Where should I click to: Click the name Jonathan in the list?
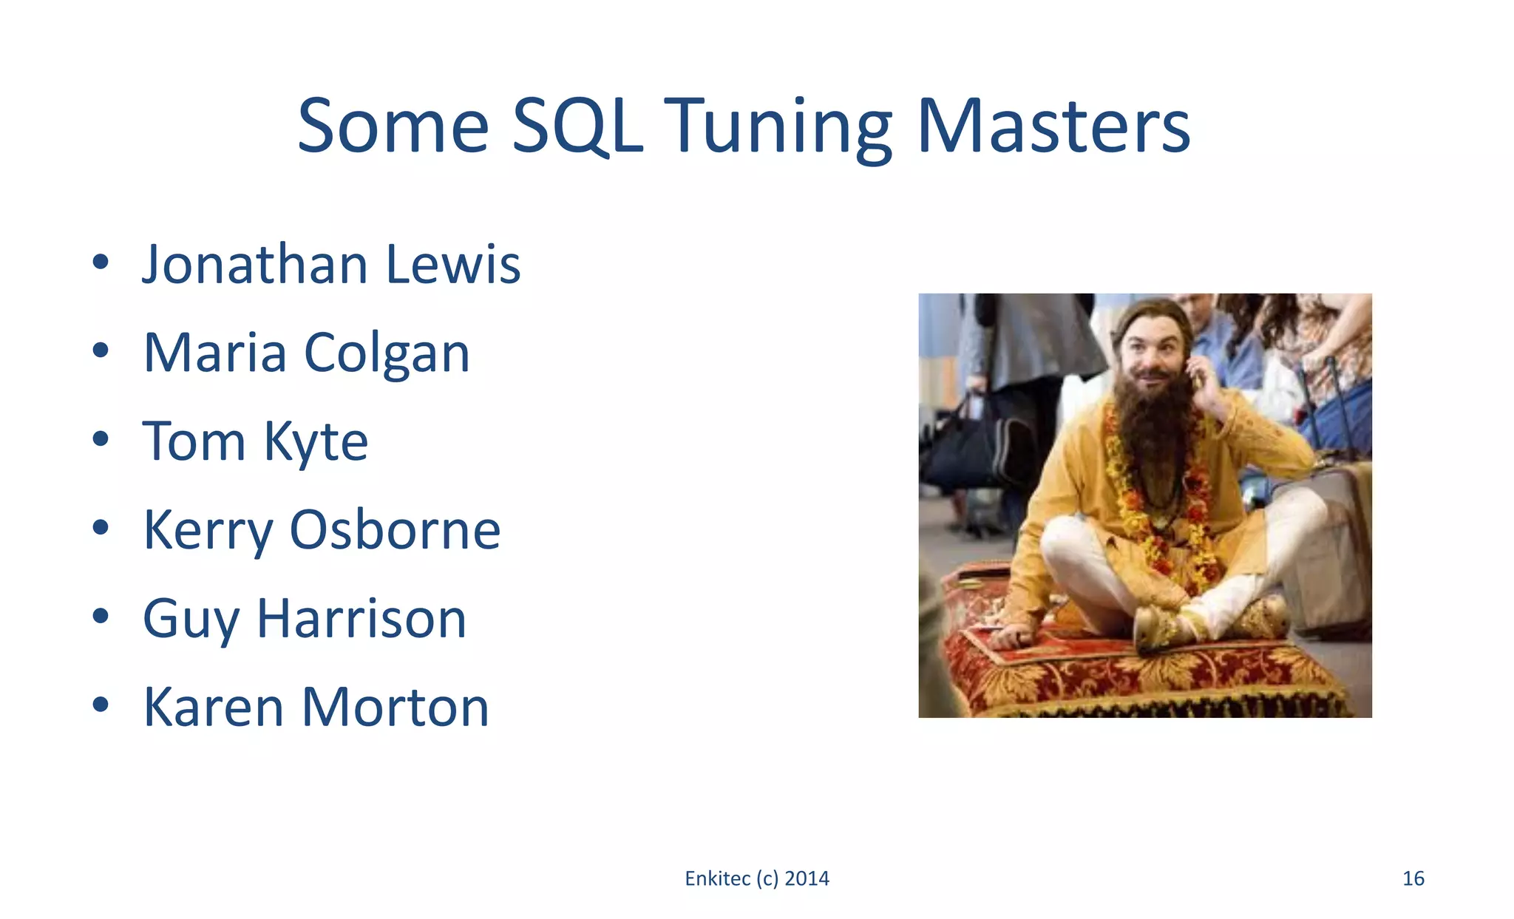pyautogui.click(x=254, y=264)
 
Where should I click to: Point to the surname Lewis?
pyautogui.click(x=452, y=264)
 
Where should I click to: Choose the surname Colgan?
pyautogui.click(x=387, y=353)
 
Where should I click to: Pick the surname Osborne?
pyautogui.click(x=395, y=530)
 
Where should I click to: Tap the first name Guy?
pyautogui.click(x=189, y=620)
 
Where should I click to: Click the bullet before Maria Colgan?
pyautogui.click(x=101, y=350)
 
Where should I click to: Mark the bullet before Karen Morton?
pyautogui.click(x=101, y=705)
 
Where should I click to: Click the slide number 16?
pyautogui.click(x=1413, y=878)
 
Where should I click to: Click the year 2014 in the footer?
pyautogui.click(x=807, y=878)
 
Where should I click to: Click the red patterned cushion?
pyautogui.click(x=1138, y=673)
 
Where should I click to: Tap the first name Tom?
pyautogui.click(x=193, y=442)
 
